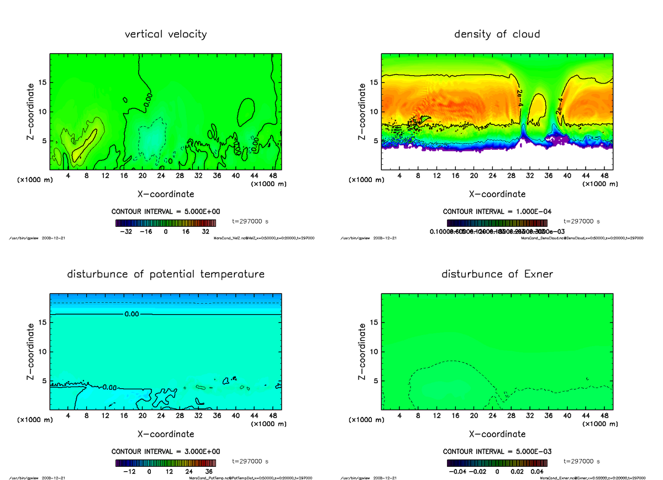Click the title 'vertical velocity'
pos(166,34)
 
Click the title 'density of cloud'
pos(497,34)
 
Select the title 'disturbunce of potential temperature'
pos(166,274)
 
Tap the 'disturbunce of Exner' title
pos(497,274)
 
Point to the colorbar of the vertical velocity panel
pos(166,223)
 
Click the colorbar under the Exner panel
pos(497,463)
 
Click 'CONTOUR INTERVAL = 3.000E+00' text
pos(166,451)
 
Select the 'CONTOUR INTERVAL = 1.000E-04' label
pos(497,211)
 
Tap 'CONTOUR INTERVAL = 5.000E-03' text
pos(497,451)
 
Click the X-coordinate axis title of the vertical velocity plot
pos(166,194)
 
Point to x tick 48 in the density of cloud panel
pos(604,176)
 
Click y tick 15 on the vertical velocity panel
pos(43,82)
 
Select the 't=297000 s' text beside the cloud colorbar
pos(582,221)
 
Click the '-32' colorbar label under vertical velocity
pos(129,232)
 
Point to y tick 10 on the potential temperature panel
pos(43,352)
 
